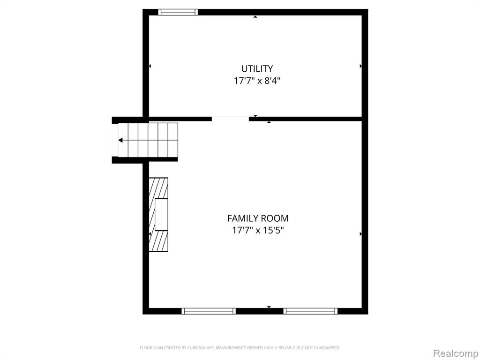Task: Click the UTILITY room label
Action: click(x=257, y=68)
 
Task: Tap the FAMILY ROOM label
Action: click(x=258, y=218)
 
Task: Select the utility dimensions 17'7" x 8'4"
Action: click(x=257, y=81)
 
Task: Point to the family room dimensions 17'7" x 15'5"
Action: click(x=258, y=230)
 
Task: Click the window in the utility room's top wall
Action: click(x=178, y=12)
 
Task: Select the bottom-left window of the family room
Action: click(x=209, y=311)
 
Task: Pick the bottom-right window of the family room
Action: click(x=310, y=311)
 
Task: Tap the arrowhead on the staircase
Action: click(x=120, y=140)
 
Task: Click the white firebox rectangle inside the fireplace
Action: click(x=161, y=215)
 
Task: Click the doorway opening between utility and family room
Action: click(x=230, y=119)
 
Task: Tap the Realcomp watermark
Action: click(x=456, y=353)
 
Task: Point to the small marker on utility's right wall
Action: click(x=360, y=66)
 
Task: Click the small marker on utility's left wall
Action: click(x=150, y=66)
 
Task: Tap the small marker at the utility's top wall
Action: click(x=255, y=16)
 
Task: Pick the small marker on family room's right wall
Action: click(x=360, y=234)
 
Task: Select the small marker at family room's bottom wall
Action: click(x=269, y=307)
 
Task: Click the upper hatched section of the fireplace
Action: click(x=158, y=188)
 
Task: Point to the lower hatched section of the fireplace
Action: click(x=158, y=241)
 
